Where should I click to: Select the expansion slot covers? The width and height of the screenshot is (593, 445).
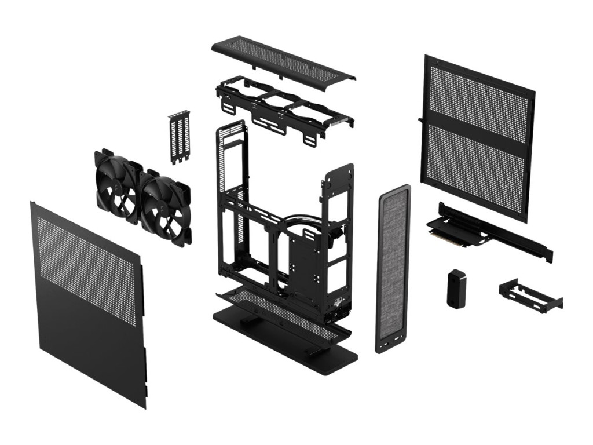pyautogui.click(x=180, y=137)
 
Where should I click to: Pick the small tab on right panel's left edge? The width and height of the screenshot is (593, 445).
pyautogui.click(x=420, y=119)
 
